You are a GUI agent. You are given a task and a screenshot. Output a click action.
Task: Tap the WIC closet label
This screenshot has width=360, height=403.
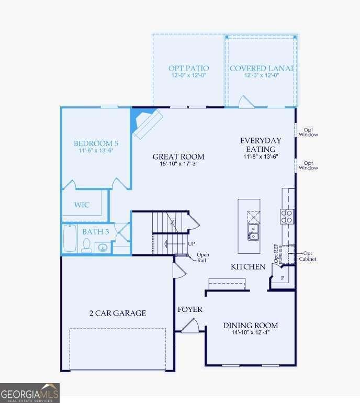point(82,205)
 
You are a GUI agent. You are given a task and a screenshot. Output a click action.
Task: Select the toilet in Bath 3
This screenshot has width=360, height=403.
point(86,244)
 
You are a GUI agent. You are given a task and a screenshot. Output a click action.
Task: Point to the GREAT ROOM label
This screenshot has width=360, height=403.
point(178,156)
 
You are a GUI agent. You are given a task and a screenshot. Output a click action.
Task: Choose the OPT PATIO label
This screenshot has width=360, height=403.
point(188,68)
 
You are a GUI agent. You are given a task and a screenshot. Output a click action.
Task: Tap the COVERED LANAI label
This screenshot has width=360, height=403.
point(261,68)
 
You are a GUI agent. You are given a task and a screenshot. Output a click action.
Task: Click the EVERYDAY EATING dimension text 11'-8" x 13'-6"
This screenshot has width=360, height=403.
point(261,156)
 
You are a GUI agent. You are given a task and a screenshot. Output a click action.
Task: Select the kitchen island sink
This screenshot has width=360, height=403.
point(253,232)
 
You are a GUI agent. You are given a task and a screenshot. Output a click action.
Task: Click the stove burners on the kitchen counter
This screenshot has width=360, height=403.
point(287,216)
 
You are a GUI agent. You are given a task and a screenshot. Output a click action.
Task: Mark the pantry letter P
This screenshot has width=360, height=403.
point(282,278)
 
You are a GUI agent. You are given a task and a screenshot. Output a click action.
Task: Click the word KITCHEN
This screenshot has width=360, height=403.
point(249,267)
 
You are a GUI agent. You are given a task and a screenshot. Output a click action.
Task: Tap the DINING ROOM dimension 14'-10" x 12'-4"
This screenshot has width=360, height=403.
point(251,333)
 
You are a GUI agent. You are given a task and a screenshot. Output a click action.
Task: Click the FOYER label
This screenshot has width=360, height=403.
point(190,309)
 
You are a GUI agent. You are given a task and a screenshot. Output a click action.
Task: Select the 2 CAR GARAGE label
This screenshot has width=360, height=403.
point(117,313)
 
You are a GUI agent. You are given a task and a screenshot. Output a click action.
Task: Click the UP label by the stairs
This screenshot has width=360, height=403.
point(192,244)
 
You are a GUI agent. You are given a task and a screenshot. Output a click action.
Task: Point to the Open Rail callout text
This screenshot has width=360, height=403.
point(203,258)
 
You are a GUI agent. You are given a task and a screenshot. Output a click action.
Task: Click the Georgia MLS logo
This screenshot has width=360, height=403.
point(30,393)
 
